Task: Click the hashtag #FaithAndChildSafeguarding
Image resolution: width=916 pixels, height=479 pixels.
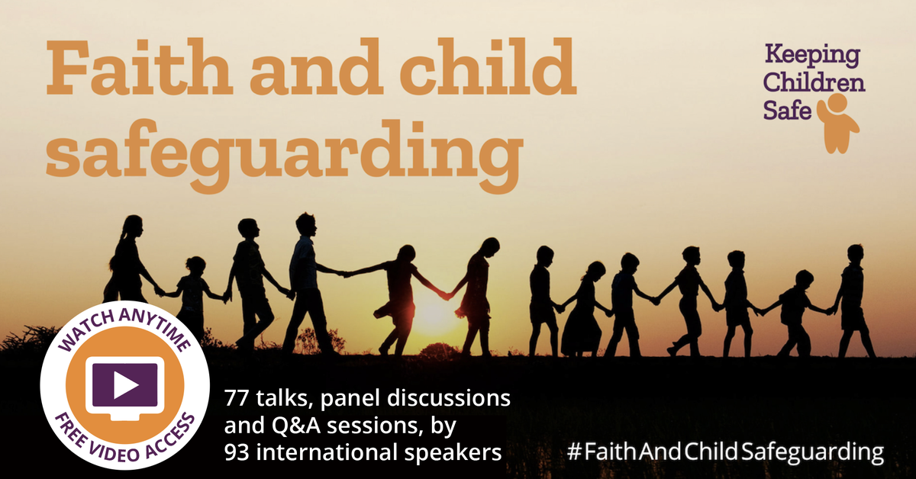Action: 725,451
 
